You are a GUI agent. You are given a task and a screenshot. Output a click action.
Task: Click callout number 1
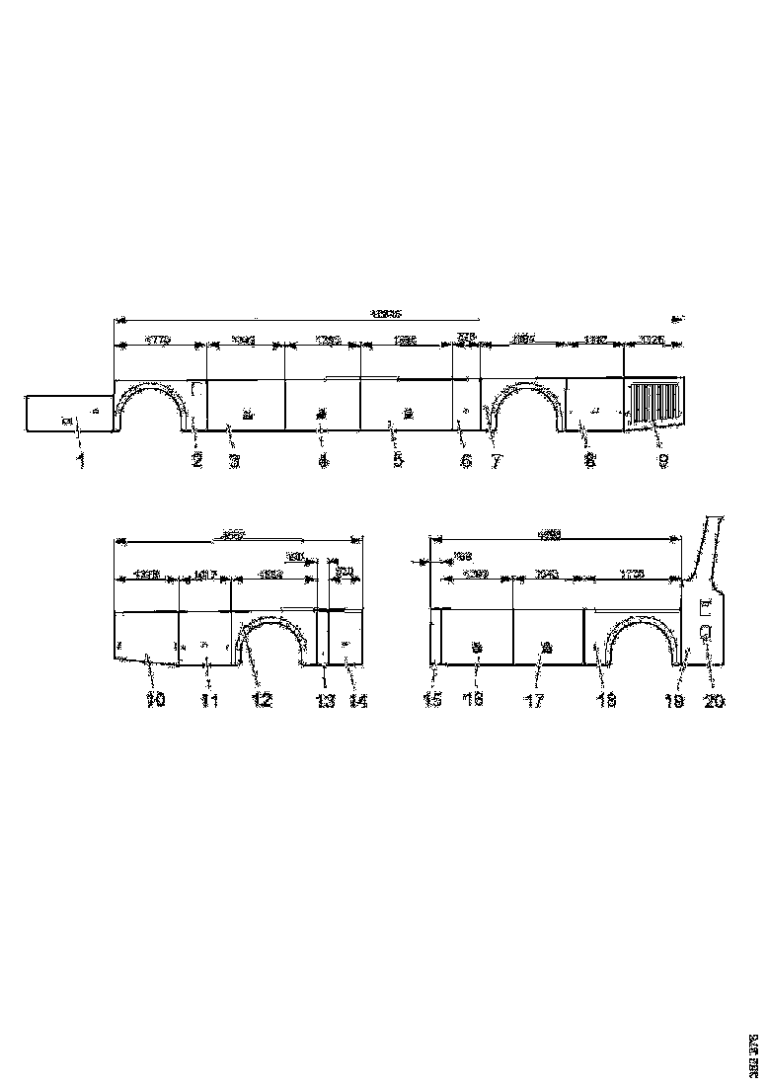[81, 460]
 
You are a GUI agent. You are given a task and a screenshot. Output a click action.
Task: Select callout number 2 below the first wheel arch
[197, 460]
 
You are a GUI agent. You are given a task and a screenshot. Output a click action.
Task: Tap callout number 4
[322, 460]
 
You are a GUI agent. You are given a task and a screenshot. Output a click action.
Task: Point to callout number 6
[466, 460]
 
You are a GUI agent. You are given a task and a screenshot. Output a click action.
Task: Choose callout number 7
[494, 460]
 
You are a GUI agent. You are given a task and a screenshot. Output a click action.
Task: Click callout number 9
[663, 460]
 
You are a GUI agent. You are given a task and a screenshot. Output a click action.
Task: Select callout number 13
[325, 700]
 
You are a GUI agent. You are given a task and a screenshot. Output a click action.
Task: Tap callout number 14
[356, 700]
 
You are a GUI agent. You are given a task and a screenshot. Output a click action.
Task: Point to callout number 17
[537, 700]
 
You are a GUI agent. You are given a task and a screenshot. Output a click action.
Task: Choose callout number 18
[606, 700]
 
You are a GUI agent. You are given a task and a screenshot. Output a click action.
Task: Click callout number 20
[713, 700]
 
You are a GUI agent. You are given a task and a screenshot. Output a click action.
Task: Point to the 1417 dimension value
[204, 575]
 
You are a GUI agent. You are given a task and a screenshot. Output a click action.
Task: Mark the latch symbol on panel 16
[478, 648]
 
